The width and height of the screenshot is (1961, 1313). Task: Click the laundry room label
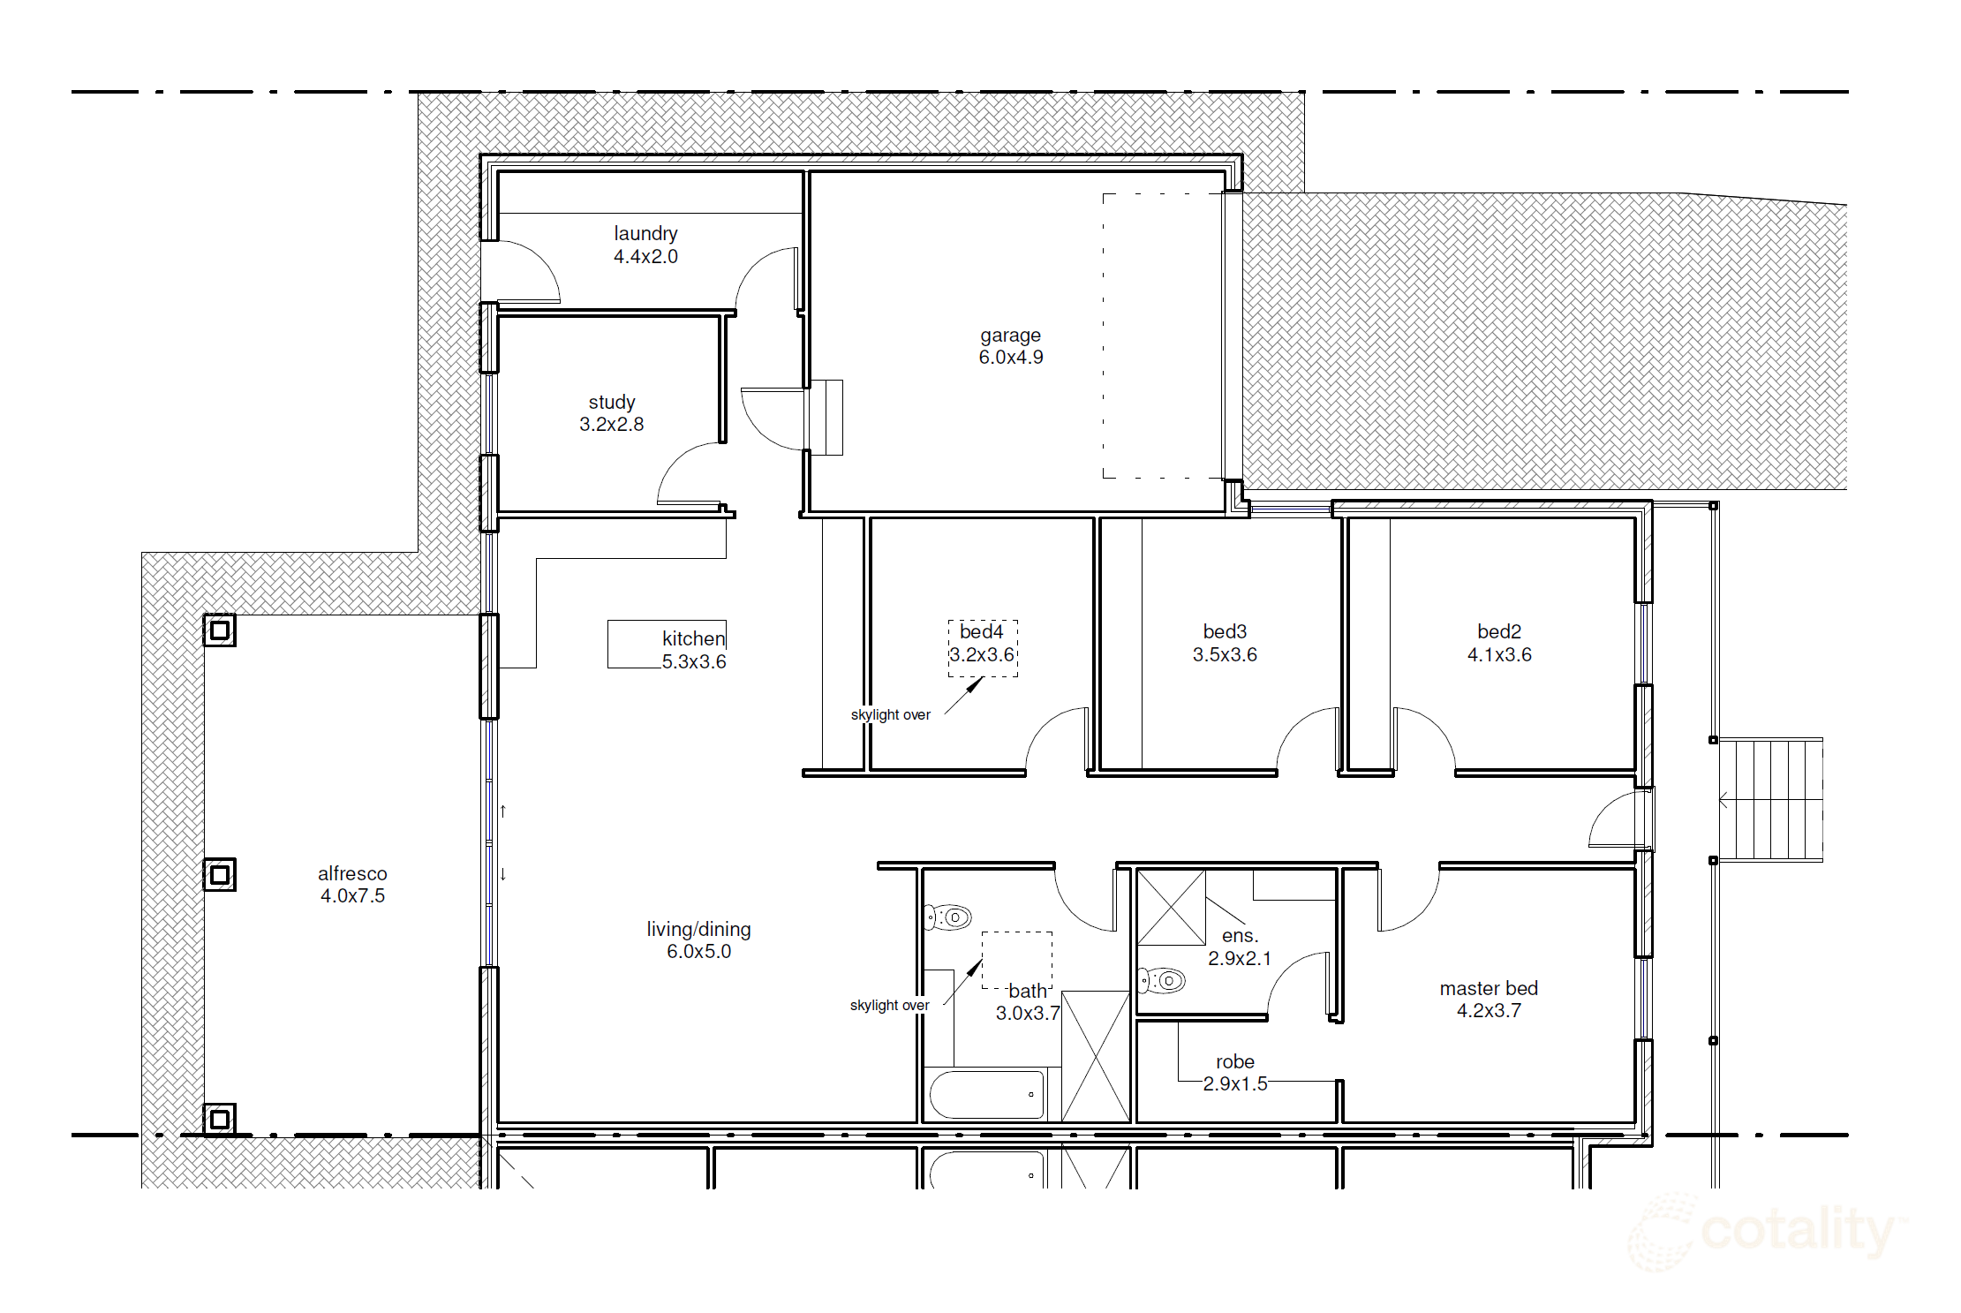pyautogui.click(x=645, y=234)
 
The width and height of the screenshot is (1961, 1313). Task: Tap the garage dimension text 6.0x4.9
pyautogui.click(x=1011, y=358)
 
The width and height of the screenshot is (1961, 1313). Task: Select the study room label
pyautogui.click(x=612, y=403)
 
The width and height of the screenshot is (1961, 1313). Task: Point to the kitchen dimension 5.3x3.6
pyautogui.click(x=694, y=661)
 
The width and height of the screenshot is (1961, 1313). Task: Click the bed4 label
pyautogui.click(x=982, y=631)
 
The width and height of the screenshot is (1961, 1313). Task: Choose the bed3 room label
pyautogui.click(x=1225, y=631)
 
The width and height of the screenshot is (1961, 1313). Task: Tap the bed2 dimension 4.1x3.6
pyautogui.click(x=1499, y=655)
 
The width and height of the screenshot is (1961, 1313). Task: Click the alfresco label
pyautogui.click(x=352, y=873)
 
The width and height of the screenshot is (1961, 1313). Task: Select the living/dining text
pyautogui.click(x=698, y=930)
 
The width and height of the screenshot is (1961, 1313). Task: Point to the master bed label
pyautogui.click(x=1489, y=988)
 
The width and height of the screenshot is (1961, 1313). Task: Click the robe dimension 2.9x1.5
pyautogui.click(x=1235, y=1083)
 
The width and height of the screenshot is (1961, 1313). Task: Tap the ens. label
pyautogui.click(x=1240, y=936)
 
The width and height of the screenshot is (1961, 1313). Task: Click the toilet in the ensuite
pyautogui.click(x=1162, y=980)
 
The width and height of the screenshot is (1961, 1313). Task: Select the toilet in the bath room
pyautogui.click(x=947, y=917)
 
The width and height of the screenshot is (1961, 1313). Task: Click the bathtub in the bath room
pyautogui.click(x=987, y=1094)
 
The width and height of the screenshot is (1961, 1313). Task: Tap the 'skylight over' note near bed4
pyautogui.click(x=890, y=714)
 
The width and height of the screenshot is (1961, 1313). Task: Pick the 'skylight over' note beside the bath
pyautogui.click(x=889, y=1005)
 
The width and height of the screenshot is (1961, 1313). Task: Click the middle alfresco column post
pyautogui.click(x=220, y=874)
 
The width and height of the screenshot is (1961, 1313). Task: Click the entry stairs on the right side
pyautogui.click(x=1769, y=800)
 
